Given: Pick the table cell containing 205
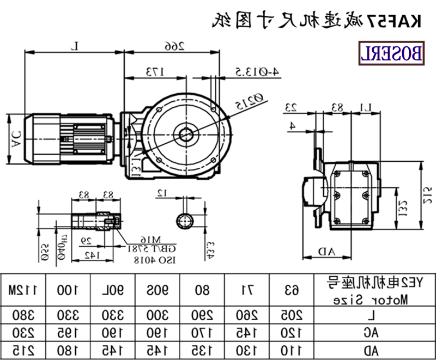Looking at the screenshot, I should (x=293, y=314).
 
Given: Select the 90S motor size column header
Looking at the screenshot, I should (x=158, y=289).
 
